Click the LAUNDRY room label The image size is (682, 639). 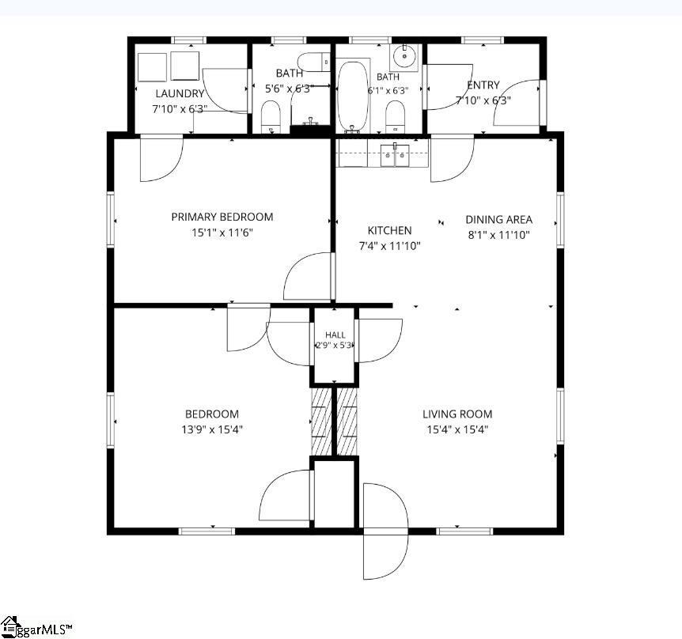point(180,93)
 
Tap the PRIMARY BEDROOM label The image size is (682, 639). point(222,217)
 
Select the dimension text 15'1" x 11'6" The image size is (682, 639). point(222,233)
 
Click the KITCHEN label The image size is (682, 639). point(390,230)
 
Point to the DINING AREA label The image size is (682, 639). point(499,220)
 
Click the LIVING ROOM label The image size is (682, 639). point(457,414)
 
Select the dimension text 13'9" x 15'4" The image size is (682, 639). point(212,429)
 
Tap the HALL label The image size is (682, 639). point(335,335)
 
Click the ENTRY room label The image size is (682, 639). point(483,85)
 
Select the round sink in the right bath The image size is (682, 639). point(405,56)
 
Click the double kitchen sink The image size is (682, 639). point(395,155)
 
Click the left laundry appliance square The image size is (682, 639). point(152,67)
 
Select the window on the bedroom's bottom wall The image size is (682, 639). point(206,531)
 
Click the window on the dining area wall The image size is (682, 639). point(560,220)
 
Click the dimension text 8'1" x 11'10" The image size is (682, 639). point(499,235)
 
